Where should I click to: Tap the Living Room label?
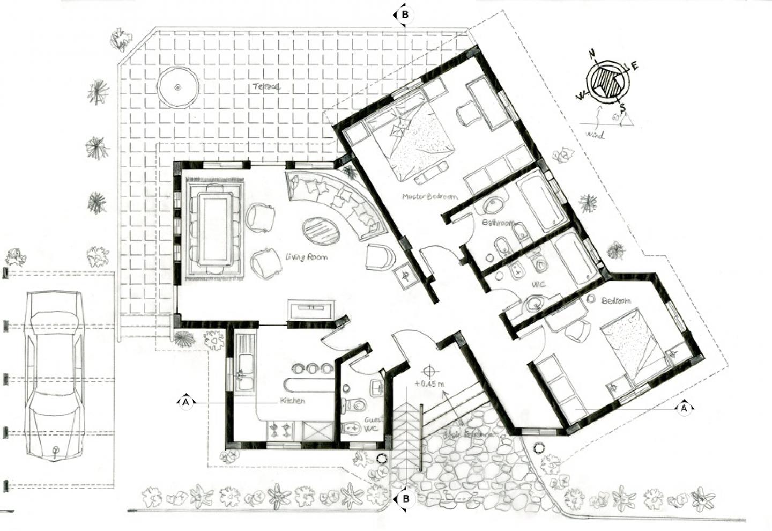click(x=306, y=257)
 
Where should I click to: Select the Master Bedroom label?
click(x=430, y=197)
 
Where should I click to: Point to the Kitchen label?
click(x=293, y=401)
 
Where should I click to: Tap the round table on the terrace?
click(x=178, y=87)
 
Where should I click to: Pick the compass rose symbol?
click(x=608, y=81)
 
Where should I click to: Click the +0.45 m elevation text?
click(x=430, y=383)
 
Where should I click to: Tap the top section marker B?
click(x=405, y=14)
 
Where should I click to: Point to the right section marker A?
click(x=684, y=409)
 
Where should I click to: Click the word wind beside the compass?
click(x=595, y=135)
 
